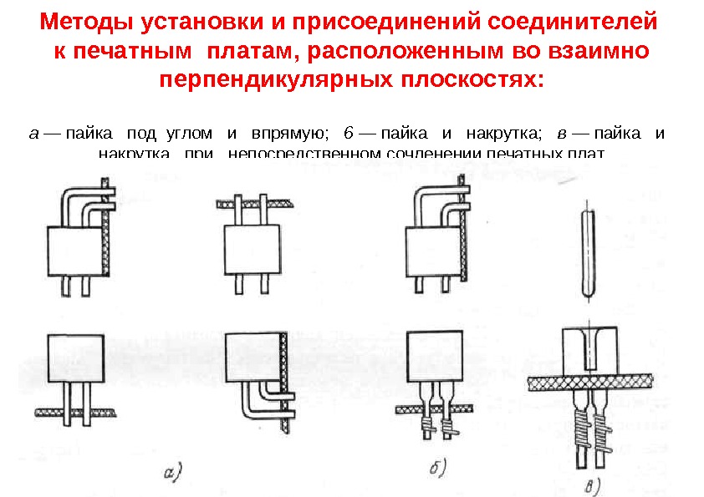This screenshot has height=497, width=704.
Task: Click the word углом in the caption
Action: pos(189,133)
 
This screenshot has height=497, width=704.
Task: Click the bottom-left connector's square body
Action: pos(74,357)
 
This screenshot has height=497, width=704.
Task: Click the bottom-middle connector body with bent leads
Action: pos(253,355)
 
